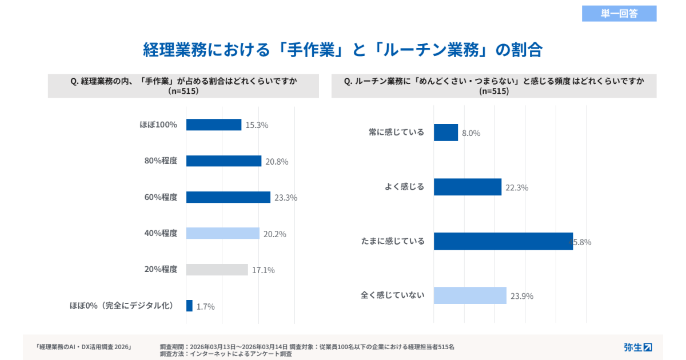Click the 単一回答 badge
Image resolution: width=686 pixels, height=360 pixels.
(x=619, y=14)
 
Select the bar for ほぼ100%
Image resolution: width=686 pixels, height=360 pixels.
(x=214, y=125)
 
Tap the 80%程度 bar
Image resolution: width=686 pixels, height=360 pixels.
(x=224, y=161)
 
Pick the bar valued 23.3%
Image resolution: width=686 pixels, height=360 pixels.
(x=228, y=197)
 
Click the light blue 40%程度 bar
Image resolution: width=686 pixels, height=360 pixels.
(x=223, y=233)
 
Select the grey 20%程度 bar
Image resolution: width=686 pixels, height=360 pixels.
(x=217, y=270)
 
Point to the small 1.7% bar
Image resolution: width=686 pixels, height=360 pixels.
(x=189, y=306)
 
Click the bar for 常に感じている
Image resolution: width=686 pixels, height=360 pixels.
(x=446, y=133)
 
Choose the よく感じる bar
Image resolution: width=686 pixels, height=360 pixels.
(x=468, y=187)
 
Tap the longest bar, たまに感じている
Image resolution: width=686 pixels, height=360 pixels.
(x=503, y=241)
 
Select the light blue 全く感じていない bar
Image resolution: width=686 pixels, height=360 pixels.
(x=470, y=295)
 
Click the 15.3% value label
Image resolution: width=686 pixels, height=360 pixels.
(x=257, y=125)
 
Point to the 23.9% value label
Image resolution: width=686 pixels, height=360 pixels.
(x=521, y=296)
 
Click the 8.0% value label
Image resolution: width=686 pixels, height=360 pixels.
(x=471, y=133)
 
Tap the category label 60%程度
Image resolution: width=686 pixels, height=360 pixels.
(x=161, y=197)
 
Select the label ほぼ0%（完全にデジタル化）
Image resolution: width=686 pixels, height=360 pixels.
(x=121, y=306)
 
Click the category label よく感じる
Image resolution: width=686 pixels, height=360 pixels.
(x=405, y=187)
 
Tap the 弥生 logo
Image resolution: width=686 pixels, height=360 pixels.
(x=637, y=347)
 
